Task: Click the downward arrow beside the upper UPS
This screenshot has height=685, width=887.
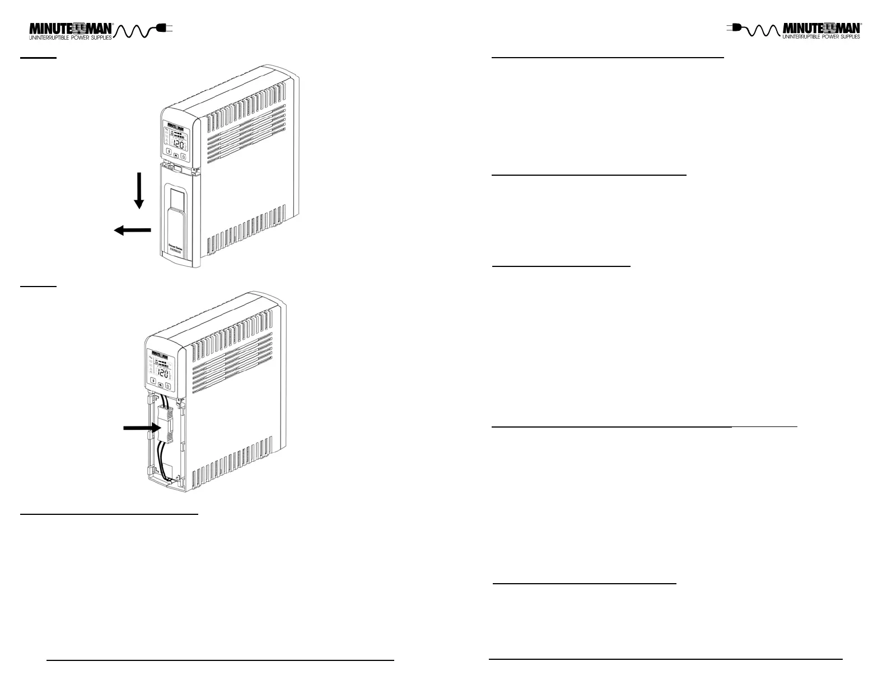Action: [x=139, y=191]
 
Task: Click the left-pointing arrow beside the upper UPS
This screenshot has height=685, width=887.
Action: [x=133, y=229]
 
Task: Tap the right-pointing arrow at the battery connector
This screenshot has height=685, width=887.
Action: [x=142, y=428]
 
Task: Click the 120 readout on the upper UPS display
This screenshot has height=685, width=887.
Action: [x=177, y=144]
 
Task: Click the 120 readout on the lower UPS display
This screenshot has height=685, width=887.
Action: [x=162, y=373]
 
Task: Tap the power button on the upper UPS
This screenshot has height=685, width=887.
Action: [x=183, y=157]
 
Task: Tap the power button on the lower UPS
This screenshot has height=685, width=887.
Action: [x=167, y=386]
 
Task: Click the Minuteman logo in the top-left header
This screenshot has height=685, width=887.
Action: [x=71, y=31]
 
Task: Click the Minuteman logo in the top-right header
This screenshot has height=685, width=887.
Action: [x=821, y=31]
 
